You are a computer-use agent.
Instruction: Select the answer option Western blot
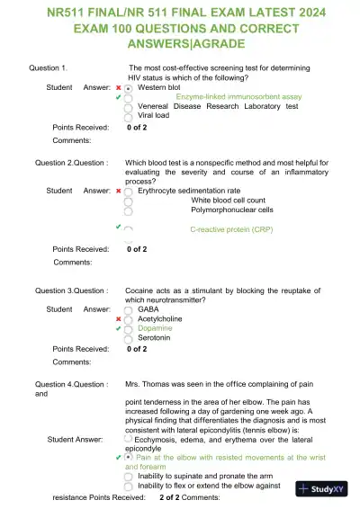click(x=159, y=88)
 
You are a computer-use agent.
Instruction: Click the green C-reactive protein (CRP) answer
click(x=231, y=230)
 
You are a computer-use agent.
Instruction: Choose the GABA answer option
click(x=148, y=308)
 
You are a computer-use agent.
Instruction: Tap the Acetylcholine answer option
click(x=160, y=318)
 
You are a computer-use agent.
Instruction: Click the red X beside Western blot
click(x=118, y=88)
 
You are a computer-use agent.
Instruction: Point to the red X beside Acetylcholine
click(x=118, y=318)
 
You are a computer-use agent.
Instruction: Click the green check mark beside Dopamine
click(x=118, y=328)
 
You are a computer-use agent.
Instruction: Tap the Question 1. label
click(x=50, y=68)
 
